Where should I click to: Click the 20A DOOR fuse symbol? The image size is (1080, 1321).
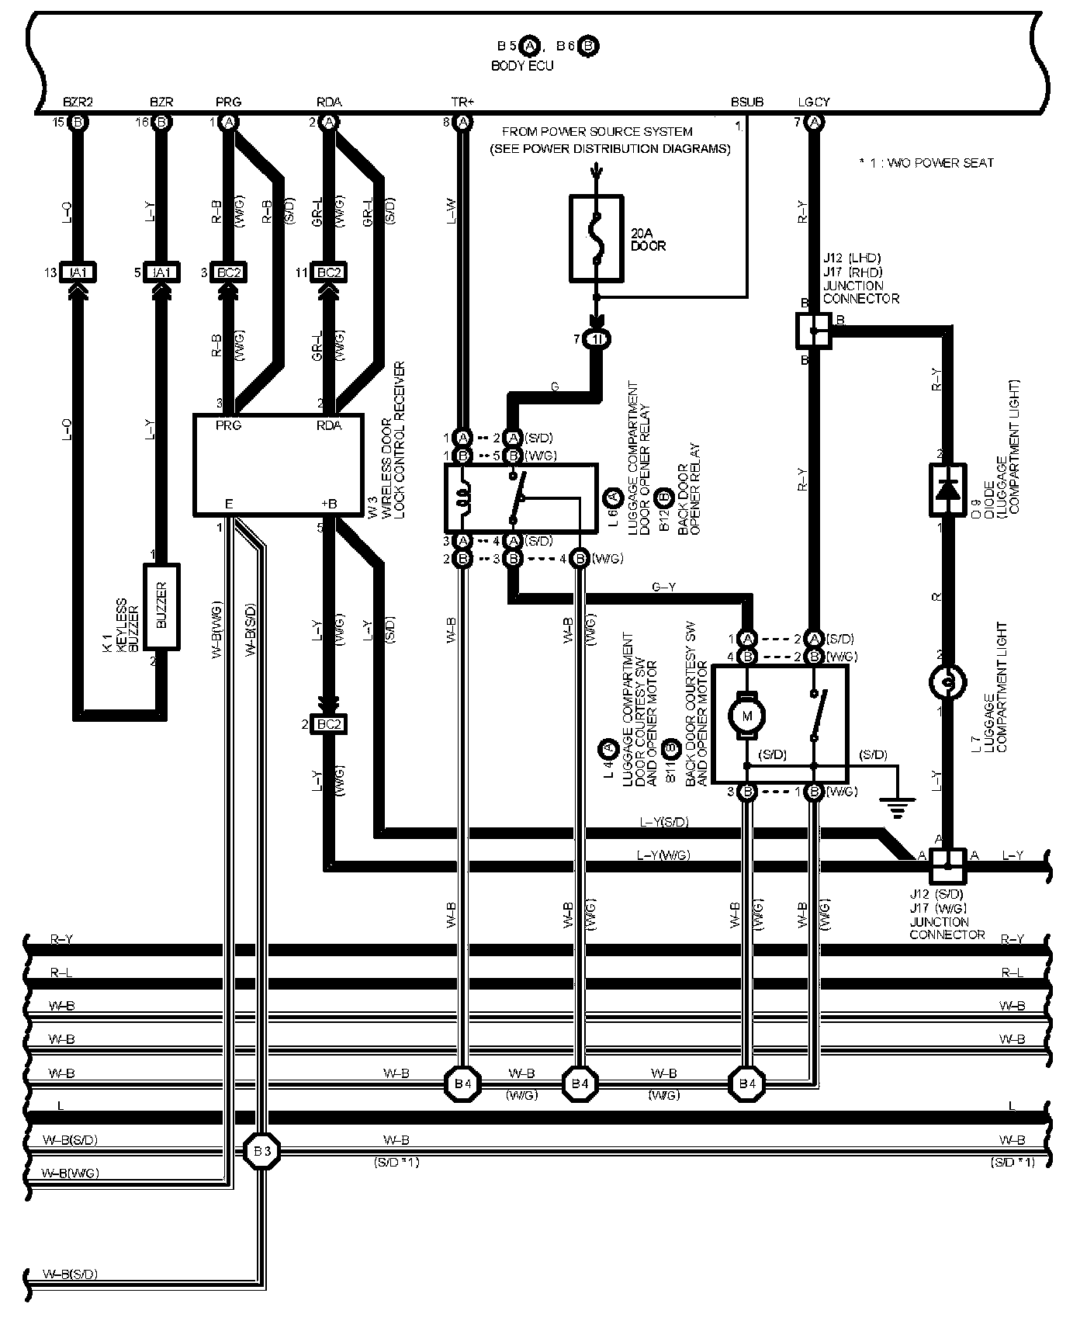point(596,238)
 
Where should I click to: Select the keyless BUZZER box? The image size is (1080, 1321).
point(162,607)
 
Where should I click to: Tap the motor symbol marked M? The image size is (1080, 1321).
point(748,715)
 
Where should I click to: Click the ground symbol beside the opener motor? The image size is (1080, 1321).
point(898,810)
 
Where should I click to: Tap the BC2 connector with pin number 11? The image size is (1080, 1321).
point(329,272)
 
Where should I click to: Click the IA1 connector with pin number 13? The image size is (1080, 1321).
point(77,272)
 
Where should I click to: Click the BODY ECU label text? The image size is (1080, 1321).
point(522,66)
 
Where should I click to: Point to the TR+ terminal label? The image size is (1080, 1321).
point(462,102)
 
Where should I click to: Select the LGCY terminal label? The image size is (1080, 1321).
point(813,102)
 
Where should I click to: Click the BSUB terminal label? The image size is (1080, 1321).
point(746,102)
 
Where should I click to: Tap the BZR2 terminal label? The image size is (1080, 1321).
point(78,102)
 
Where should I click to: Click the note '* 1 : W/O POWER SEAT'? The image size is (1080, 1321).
point(926,163)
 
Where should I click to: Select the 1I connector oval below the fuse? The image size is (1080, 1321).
point(597,339)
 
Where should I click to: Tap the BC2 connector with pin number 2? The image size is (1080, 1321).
point(329,724)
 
